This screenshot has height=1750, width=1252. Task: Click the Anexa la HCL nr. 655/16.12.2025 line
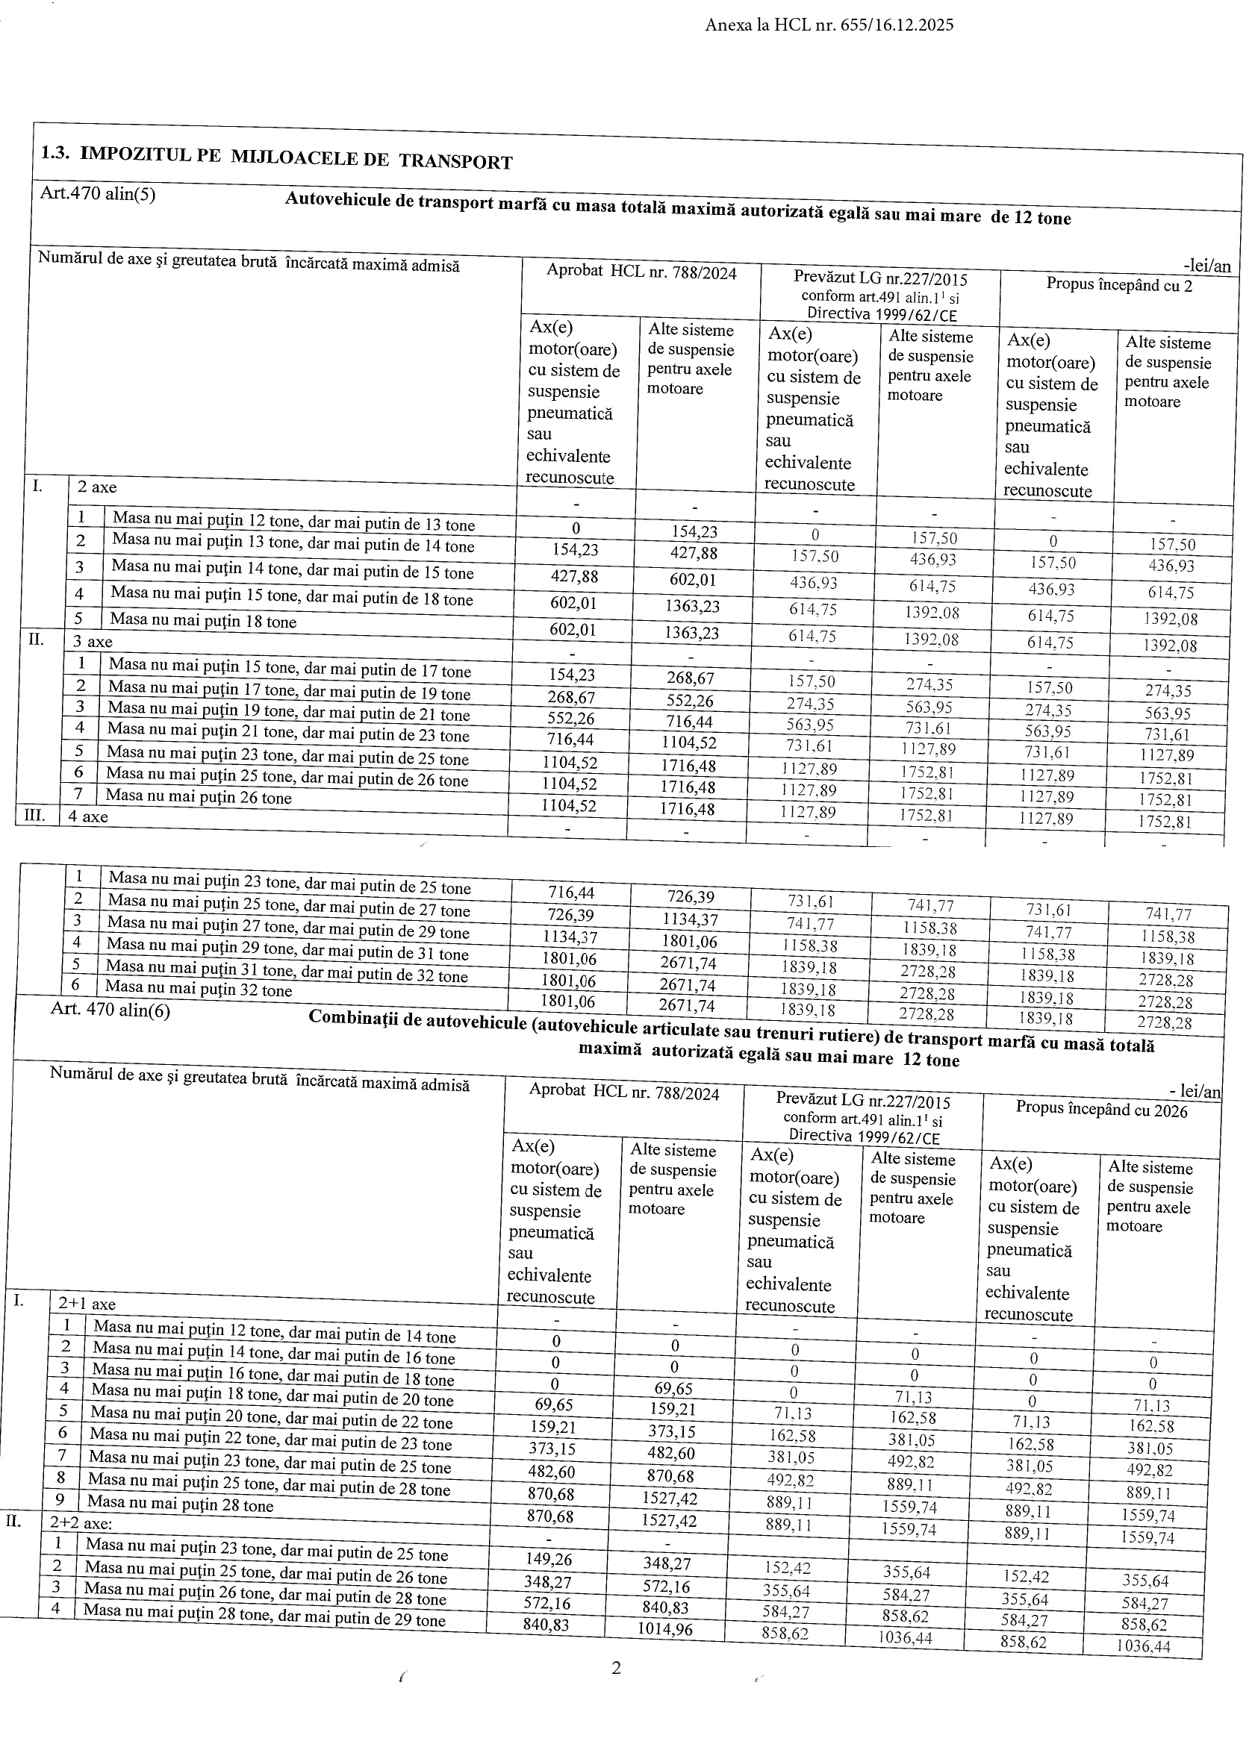(x=829, y=25)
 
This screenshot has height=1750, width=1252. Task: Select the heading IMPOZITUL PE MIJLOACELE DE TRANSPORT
(x=296, y=157)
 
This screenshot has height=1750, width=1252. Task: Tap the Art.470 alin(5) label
(x=97, y=193)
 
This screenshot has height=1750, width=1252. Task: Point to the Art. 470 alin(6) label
(x=110, y=1009)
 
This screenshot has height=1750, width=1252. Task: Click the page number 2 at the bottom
(x=616, y=1669)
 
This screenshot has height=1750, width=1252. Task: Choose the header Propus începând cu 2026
(x=1101, y=1110)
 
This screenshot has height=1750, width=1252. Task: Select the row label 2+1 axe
(x=87, y=1304)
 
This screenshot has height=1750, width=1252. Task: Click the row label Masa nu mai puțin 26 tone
(x=199, y=797)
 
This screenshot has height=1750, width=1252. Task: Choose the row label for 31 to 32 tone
(x=287, y=970)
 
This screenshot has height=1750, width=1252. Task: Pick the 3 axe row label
(x=93, y=641)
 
